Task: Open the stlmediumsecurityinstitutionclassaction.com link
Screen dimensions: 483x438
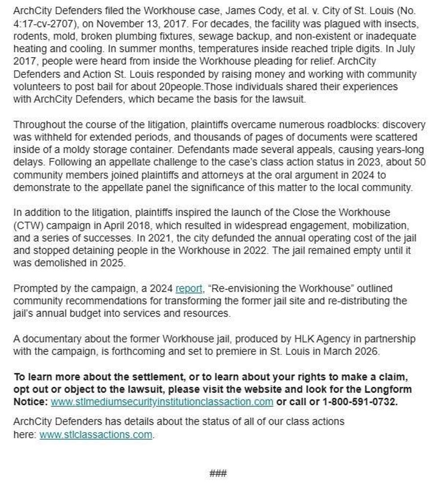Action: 162,402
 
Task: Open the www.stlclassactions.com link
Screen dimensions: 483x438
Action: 96,434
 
